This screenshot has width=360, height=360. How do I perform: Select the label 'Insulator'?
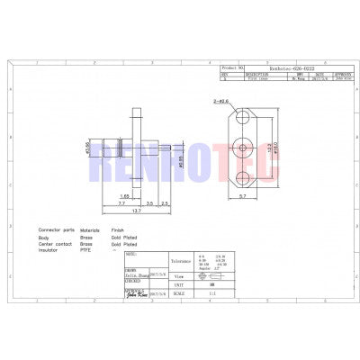(x=50, y=249)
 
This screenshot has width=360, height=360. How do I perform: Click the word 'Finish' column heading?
(x=117, y=229)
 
